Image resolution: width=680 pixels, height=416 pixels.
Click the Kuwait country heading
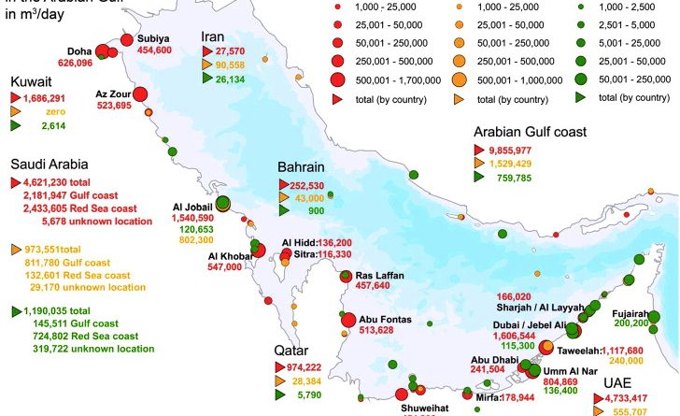[x=35, y=82]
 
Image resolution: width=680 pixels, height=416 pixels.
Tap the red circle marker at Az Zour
[x=141, y=93]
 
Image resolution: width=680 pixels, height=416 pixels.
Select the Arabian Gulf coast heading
[x=530, y=133]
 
